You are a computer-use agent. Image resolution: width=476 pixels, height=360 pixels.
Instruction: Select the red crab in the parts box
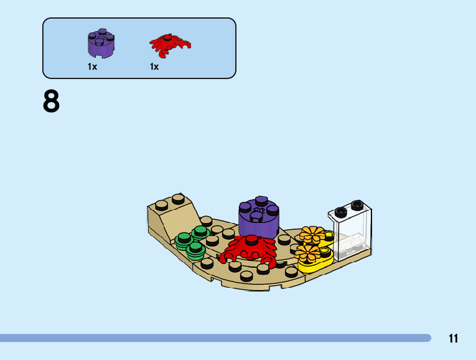pyautogui.click(x=169, y=44)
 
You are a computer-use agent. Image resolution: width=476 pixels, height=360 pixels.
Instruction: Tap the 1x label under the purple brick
pyautogui.click(x=93, y=67)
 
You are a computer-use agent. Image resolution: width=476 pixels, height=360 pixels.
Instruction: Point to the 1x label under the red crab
pyautogui.click(x=154, y=67)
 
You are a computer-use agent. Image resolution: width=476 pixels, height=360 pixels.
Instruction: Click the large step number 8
pyautogui.click(x=52, y=102)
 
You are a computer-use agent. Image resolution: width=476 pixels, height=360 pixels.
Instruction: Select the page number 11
pyautogui.click(x=453, y=339)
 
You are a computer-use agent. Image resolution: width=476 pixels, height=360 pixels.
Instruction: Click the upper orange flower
pyautogui.click(x=310, y=235)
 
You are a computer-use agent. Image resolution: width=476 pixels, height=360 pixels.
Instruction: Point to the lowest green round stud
pyautogui.click(x=195, y=250)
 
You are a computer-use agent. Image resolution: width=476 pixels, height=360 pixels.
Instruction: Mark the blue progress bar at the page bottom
pyautogui.click(x=215, y=338)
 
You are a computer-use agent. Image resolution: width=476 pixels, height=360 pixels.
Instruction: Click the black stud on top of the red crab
pyautogui.click(x=251, y=239)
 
